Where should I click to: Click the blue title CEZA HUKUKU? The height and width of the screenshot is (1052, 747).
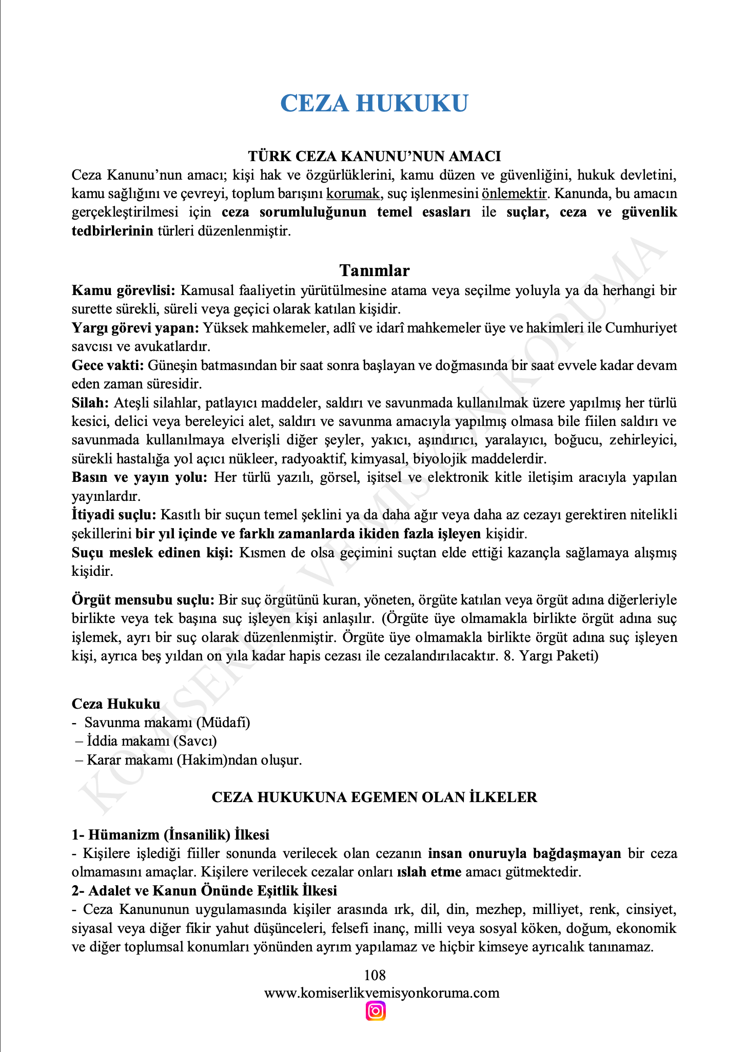point(374,104)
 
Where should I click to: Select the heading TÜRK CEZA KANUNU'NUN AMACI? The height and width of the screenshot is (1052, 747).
point(374,156)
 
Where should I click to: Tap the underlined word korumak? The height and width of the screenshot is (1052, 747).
point(353,194)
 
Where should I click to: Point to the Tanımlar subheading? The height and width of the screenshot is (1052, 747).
point(374,270)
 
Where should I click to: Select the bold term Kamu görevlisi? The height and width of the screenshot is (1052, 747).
point(124,291)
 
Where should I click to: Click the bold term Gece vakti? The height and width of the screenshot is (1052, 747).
point(108,366)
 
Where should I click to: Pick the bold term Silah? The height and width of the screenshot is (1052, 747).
point(90,403)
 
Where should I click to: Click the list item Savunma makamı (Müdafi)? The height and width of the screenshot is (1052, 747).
point(167,723)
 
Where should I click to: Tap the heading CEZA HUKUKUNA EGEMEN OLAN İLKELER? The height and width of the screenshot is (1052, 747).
point(374,797)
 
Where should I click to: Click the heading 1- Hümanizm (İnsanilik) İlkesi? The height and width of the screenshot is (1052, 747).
point(170,835)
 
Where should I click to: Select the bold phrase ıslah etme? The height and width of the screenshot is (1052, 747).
point(429,872)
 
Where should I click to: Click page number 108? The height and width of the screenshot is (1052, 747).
point(374,975)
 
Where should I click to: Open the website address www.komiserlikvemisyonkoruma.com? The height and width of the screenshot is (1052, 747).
point(381,993)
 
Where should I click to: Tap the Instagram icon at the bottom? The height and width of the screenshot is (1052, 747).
point(376,1011)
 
